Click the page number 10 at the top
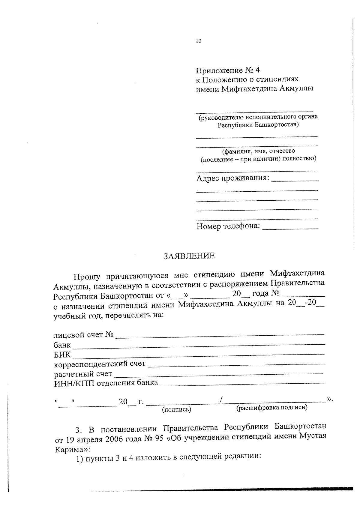pos(198,41)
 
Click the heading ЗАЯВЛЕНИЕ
pos(189,256)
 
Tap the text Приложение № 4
pos(228,70)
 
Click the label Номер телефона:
pos(228,226)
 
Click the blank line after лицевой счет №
pos(220,334)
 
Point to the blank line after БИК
pos(199,355)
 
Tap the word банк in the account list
pos(62,345)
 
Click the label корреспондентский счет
pos(100,364)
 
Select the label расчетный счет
pos(83,374)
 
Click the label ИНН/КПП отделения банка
pos(106,383)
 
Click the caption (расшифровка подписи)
pos(272,408)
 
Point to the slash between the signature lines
pos(221,400)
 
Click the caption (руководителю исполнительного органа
pos(258,117)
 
